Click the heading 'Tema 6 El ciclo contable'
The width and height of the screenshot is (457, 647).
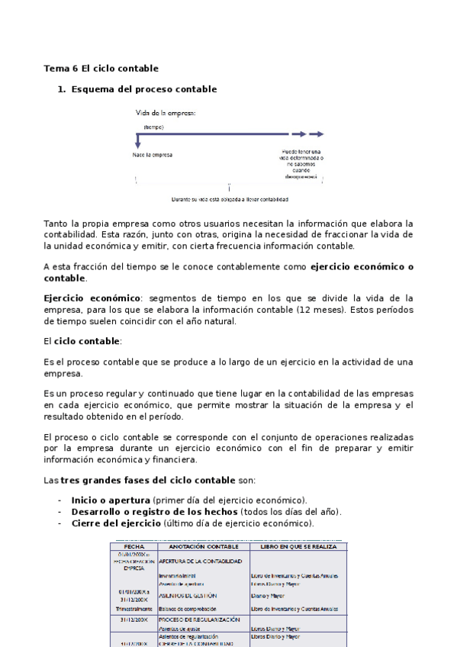101,68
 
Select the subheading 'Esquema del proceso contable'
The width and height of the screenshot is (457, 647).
143,89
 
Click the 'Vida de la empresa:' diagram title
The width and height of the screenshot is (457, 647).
166,112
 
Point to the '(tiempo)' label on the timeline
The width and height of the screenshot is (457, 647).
153,127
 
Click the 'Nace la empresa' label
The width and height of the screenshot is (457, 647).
152,154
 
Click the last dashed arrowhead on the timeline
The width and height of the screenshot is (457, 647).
323,133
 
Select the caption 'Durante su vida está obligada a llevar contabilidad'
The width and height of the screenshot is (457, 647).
230,200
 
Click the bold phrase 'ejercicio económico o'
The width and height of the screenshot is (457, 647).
362,267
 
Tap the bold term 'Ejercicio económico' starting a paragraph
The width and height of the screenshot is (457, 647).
92,298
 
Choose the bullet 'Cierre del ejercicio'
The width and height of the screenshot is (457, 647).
115,524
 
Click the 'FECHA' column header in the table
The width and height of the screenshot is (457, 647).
134,547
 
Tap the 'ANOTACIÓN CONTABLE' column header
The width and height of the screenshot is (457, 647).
203,547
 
